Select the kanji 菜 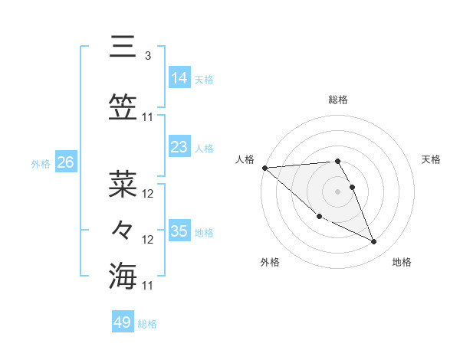[123, 185]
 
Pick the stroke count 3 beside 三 [147, 56]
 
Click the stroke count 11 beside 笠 [148, 117]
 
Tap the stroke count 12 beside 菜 [148, 194]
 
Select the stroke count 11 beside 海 [148, 286]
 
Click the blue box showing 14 [179, 78]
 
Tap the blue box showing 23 [179, 147]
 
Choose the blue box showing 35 [179, 231]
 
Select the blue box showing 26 [65, 162]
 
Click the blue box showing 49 [123, 322]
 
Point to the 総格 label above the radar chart [338, 100]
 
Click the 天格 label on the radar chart [431, 159]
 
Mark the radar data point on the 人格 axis [264, 168]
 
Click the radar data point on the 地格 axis [374, 242]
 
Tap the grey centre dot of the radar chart [338, 191]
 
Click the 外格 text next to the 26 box [41, 163]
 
